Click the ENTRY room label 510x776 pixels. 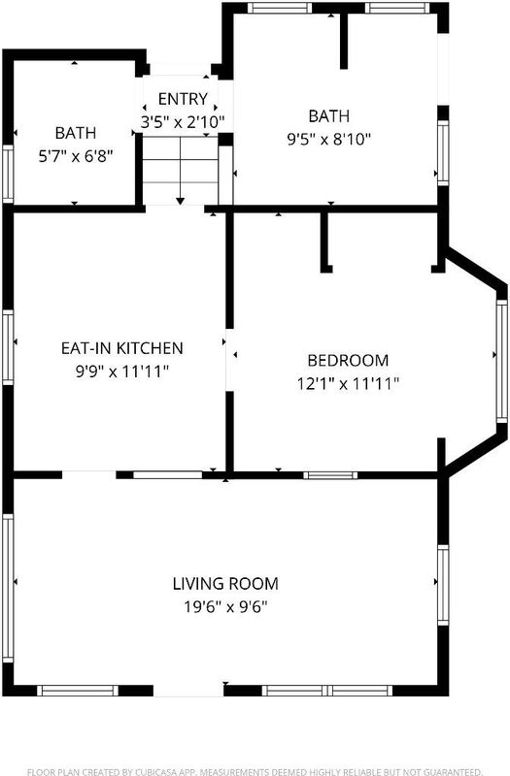183,99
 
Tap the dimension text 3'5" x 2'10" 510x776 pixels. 183,122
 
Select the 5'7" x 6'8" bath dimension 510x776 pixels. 76,156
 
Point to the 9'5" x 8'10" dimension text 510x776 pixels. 328,139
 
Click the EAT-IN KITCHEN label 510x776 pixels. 122,348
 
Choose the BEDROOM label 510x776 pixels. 348,360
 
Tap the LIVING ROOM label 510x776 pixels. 225,584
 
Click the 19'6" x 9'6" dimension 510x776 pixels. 225,606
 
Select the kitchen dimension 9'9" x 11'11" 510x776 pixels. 122,371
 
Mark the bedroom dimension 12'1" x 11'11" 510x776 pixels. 348,383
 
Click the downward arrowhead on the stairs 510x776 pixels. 181,201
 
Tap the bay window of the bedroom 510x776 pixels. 501,361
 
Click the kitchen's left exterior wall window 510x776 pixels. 8,347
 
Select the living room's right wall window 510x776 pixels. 443,585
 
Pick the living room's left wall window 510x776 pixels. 8,588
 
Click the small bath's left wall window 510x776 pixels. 8,174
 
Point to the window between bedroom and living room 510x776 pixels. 330,475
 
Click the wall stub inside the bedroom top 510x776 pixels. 325,242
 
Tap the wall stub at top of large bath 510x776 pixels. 344,41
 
